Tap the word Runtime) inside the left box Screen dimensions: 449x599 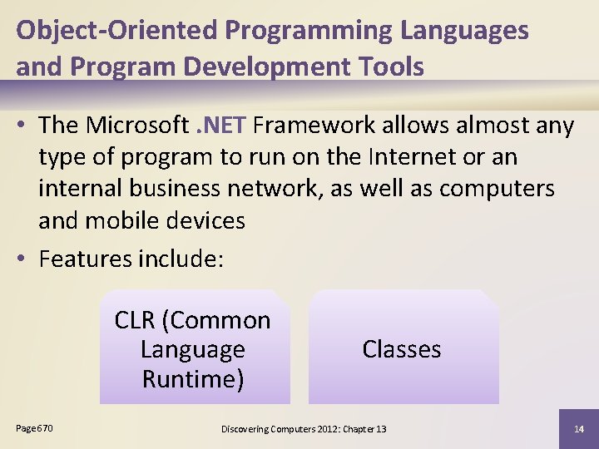point(193,379)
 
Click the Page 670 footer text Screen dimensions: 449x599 point(34,428)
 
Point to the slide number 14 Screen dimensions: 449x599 point(578,429)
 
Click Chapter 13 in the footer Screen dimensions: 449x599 point(365,429)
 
